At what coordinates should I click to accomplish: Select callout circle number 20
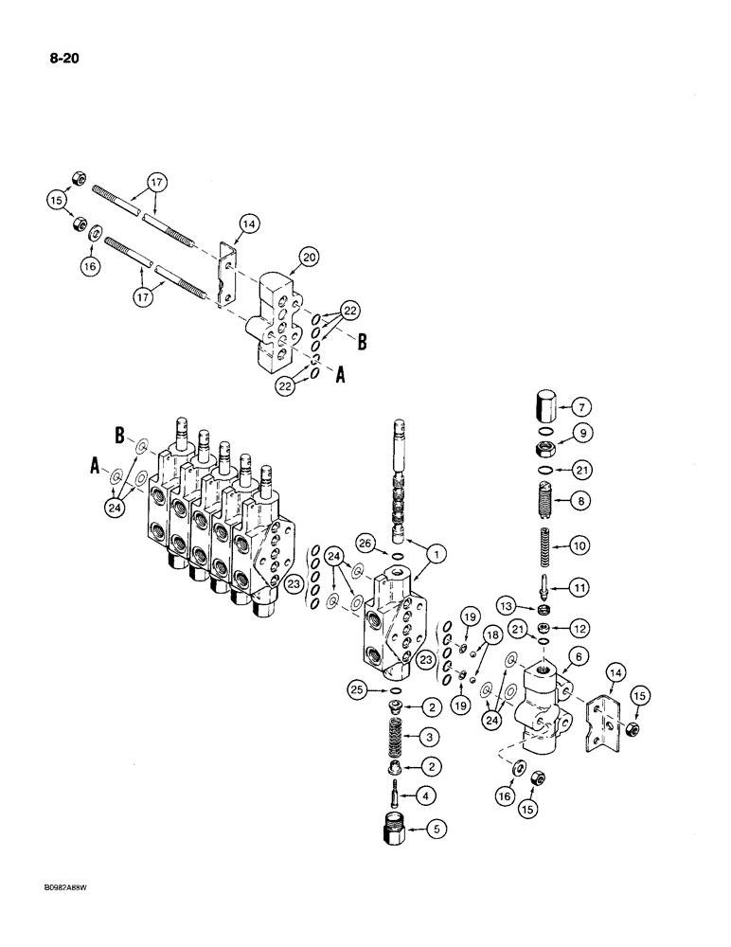309,257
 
